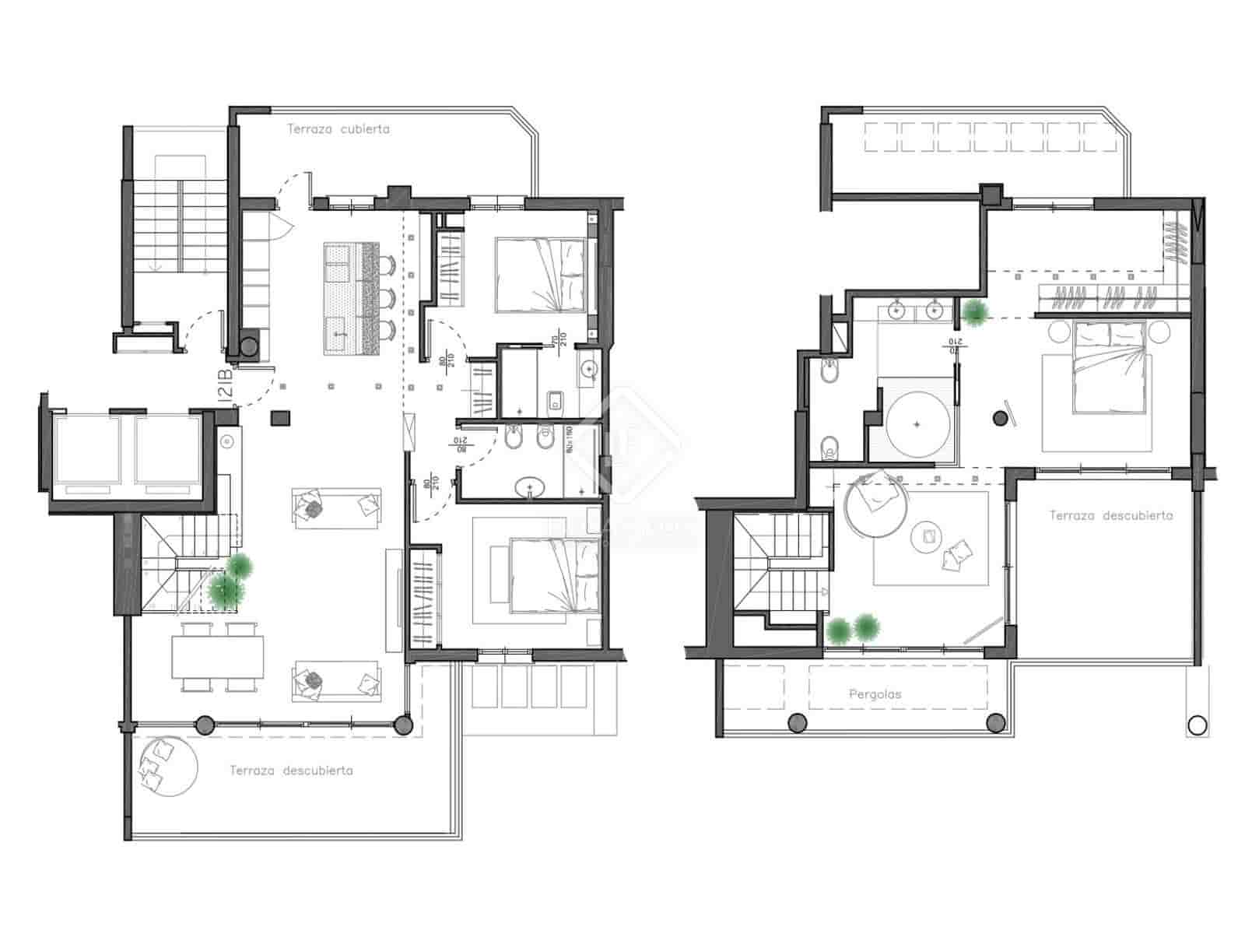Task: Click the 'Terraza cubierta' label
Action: [x=338, y=129]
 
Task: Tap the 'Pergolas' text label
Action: [x=875, y=693]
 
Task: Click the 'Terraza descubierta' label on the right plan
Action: [x=1110, y=515]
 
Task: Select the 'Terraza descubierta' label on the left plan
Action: [x=291, y=770]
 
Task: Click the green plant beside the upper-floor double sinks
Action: [x=974, y=312]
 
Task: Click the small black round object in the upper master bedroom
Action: [x=1001, y=419]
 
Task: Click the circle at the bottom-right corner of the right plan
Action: [x=1197, y=725]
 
